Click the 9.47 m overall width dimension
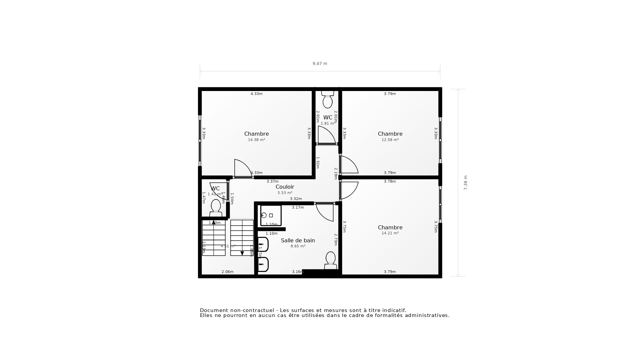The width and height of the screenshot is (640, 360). (320, 64)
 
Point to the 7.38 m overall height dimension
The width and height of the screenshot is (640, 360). (466, 183)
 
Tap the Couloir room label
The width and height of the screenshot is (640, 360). (285, 187)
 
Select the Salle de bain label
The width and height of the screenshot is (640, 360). (298, 240)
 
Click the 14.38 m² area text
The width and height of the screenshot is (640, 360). (256, 140)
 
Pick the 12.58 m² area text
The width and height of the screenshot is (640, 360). (390, 140)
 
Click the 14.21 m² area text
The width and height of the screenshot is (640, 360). (390, 233)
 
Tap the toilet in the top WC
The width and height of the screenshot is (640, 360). (328, 101)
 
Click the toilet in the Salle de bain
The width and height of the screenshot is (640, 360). (330, 260)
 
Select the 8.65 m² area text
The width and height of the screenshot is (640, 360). (298, 246)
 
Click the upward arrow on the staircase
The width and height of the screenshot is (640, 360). (214, 222)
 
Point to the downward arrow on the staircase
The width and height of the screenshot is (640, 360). (242, 253)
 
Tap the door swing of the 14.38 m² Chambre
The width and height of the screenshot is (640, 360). (242, 168)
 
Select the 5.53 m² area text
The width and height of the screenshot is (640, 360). (285, 193)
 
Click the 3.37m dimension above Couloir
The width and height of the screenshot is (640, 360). (272, 182)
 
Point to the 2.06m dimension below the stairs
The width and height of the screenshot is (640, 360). (227, 272)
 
